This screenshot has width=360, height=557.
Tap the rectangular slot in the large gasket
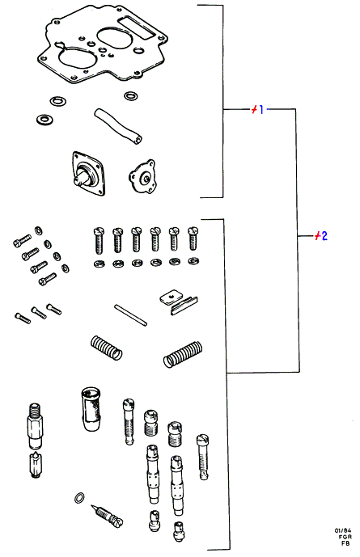pyautogui.click(x=137, y=27)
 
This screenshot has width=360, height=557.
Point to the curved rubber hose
pyautogui.click(x=118, y=126)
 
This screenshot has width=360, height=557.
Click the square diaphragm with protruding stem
pyautogui.click(x=89, y=173)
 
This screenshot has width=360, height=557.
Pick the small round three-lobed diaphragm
pyautogui.click(x=142, y=176)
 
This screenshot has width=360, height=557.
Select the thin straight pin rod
pyautogui.click(x=130, y=314)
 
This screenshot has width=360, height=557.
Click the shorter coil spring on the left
pyautogui.click(x=106, y=348)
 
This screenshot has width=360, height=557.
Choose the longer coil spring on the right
pyautogui.click(x=183, y=355)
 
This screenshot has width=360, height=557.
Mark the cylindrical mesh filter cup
pyautogui.click(x=91, y=409)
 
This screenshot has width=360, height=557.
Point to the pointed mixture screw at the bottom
pyautogui.click(x=107, y=516)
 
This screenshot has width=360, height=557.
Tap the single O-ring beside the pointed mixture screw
pyautogui.click(x=80, y=498)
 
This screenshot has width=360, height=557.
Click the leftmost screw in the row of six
pyautogui.click(x=99, y=240)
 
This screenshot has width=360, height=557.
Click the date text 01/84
pyautogui.click(x=342, y=530)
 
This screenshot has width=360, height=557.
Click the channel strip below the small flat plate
pyautogui.click(x=184, y=306)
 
